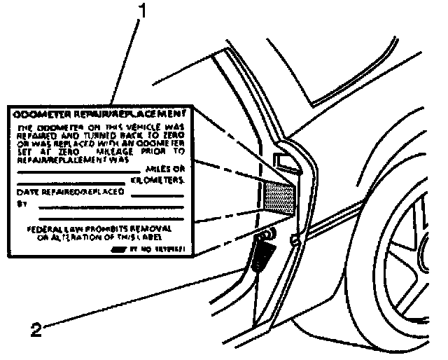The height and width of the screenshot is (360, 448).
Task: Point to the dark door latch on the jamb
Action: point(262,255)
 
